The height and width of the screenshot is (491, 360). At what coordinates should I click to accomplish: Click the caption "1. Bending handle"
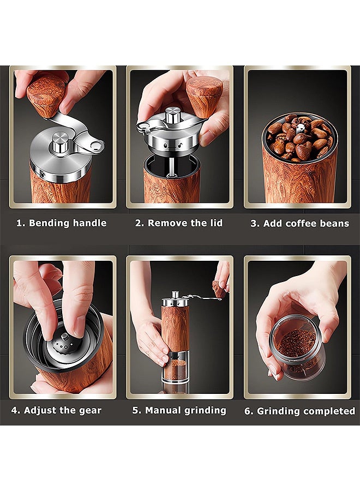click(x=62, y=223)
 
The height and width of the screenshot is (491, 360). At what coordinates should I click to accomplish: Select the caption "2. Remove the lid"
click(x=179, y=223)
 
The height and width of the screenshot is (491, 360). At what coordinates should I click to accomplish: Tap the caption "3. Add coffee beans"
click(x=300, y=224)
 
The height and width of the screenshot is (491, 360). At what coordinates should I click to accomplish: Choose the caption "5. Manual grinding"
click(x=179, y=410)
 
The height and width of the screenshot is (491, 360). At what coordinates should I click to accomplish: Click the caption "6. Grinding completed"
click(x=299, y=411)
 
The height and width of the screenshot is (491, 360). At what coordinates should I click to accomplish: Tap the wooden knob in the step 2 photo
click(x=204, y=95)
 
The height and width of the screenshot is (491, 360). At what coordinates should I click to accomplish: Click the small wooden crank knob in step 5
click(x=219, y=289)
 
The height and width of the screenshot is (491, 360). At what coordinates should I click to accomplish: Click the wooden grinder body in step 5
click(x=176, y=327)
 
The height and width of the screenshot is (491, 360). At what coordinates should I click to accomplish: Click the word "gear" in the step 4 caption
click(x=89, y=410)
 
